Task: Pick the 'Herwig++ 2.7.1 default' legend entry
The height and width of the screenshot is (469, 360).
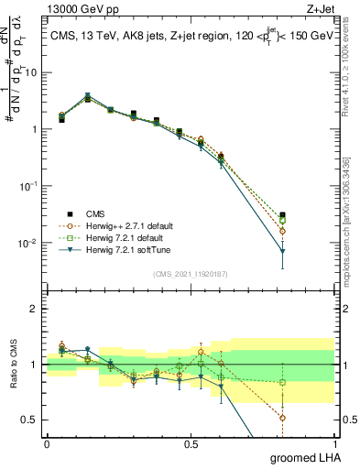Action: [124, 225]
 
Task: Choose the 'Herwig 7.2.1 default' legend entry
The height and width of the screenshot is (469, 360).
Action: [121, 237]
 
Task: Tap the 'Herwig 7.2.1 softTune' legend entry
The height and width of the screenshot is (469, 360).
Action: [123, 249]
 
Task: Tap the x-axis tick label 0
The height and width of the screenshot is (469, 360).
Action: [47, 442]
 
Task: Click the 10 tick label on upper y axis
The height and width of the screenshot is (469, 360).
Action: [32, 71]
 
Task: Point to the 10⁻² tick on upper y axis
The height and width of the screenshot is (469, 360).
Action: [30, 243]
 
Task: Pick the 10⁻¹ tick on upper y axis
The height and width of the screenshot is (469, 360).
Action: [30, 186]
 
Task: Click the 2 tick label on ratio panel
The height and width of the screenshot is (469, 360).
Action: [37, 309]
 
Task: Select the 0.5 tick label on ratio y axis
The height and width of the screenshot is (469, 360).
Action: [32, 420]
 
